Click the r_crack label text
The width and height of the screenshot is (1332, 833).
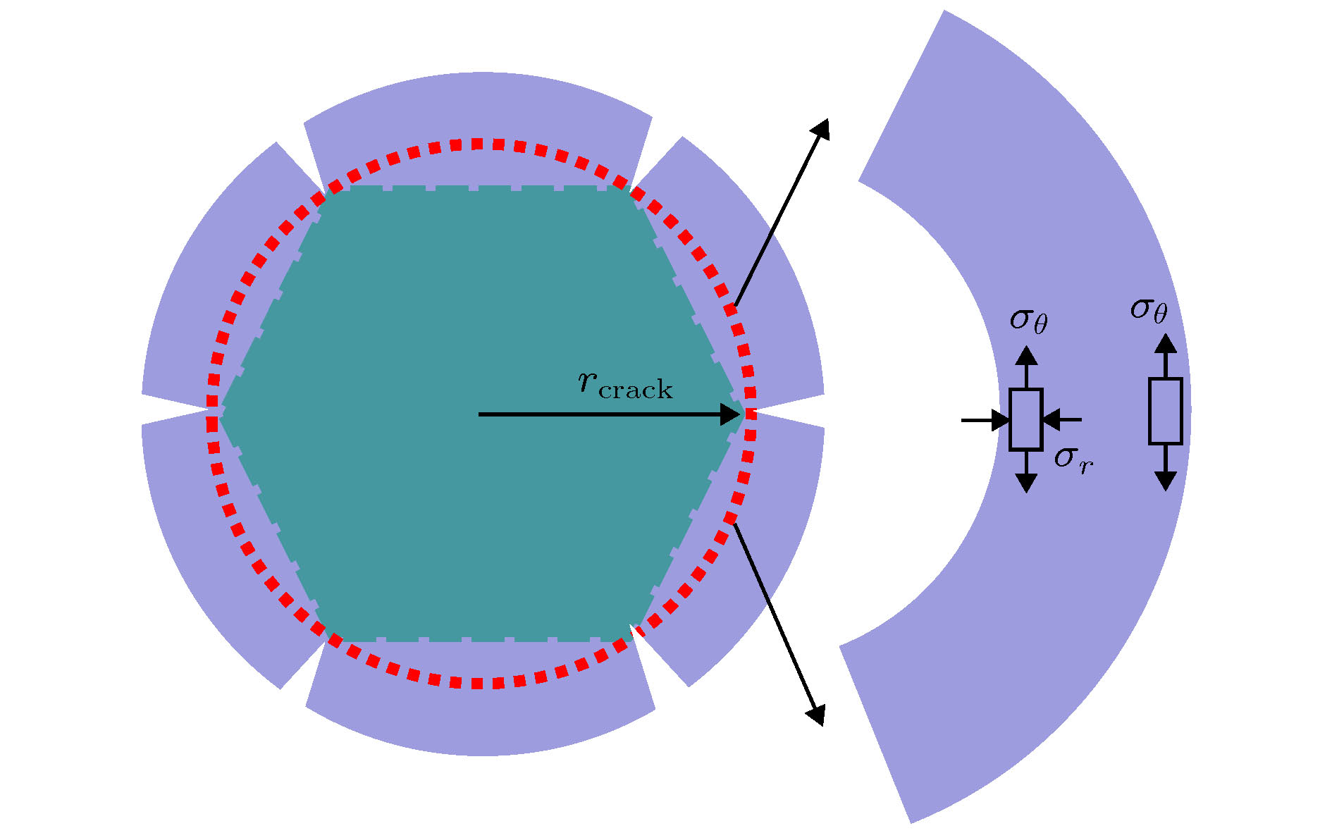(x=625, y=384)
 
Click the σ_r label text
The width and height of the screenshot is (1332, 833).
(x=1073, y=459)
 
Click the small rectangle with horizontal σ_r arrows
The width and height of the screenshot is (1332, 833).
(x=1025, y=419)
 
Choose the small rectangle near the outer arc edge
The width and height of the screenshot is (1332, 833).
(x=1166, y=411)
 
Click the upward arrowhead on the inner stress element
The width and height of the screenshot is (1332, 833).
(x=1027, y=354)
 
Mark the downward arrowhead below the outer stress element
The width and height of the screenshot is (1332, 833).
(x=1166, y=481)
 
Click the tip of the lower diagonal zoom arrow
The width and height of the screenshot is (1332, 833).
(x=822, y=724)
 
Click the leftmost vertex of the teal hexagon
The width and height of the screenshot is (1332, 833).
(x=220, y=415)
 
